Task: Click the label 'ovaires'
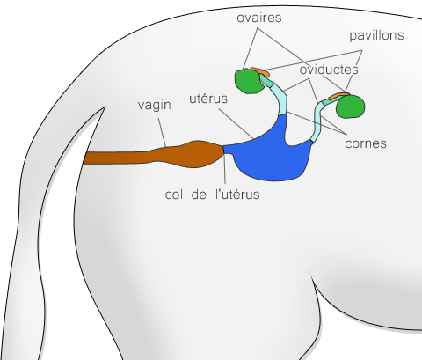coord(259,18)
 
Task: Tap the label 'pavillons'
coord(376,35)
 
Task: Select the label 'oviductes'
coord(329,70)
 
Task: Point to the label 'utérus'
coord(208,99)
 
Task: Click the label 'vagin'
coord(155,106)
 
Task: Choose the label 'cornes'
coord(366,143)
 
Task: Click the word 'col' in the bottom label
coord(174,195)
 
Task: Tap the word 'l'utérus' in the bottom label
coord(237,195)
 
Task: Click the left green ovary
coord(248,81)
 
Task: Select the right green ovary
coord(351,107)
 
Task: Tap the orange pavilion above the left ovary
coord(259,71)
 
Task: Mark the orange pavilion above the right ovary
coord(338,96)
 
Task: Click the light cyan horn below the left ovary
coord(280,99)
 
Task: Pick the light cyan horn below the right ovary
coord(318,121)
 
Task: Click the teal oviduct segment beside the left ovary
coord(266,80)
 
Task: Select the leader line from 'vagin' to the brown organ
coord(163,133)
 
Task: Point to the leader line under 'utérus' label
coord(236,123)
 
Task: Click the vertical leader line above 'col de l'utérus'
coord(224,169)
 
